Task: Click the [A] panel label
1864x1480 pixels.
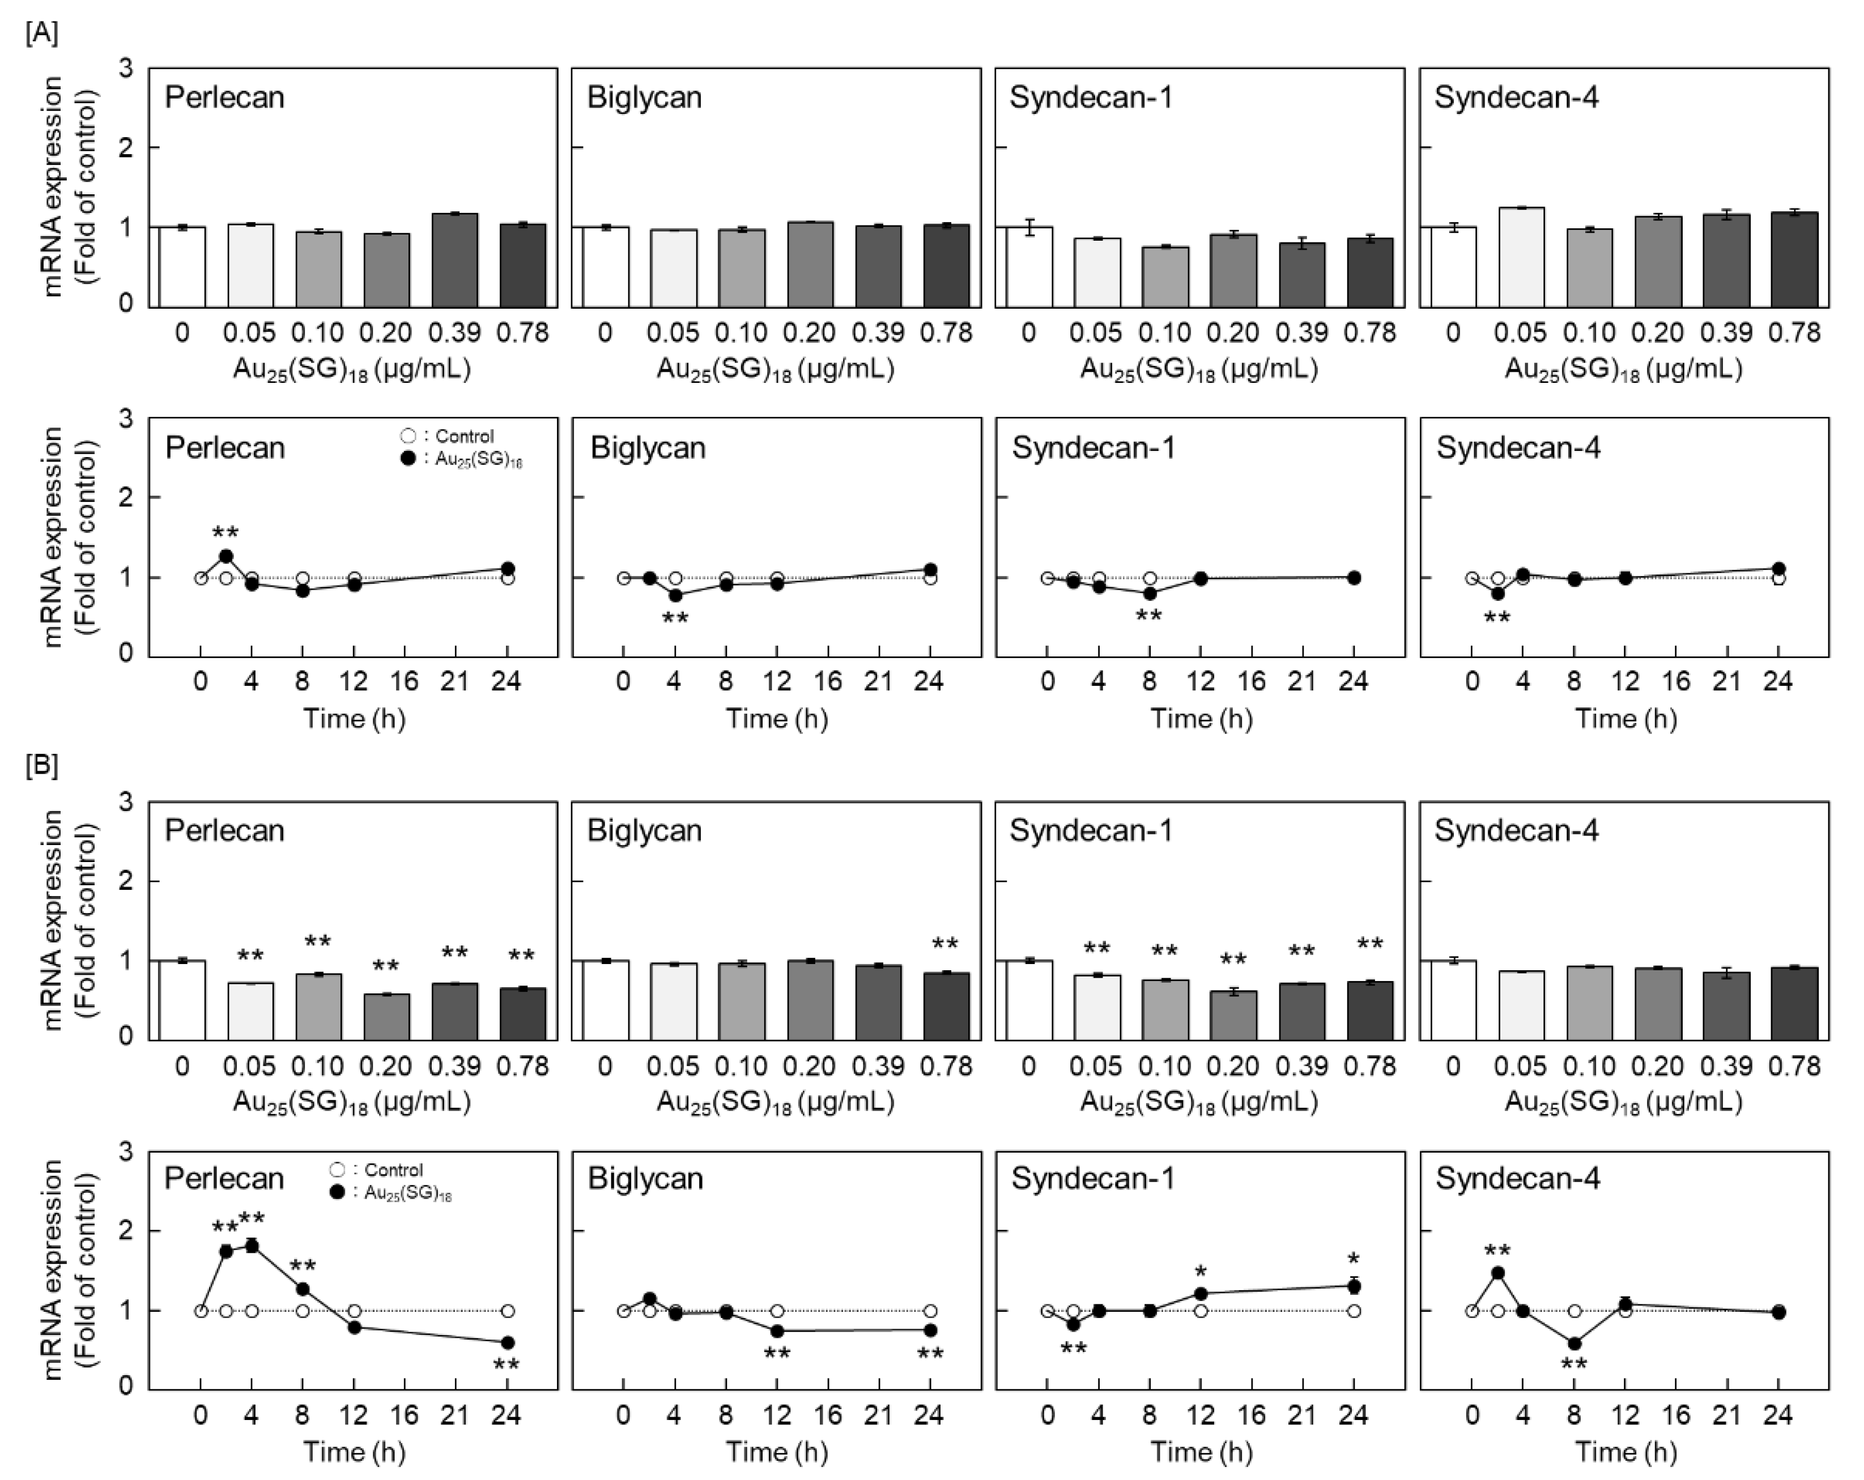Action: [41, 33]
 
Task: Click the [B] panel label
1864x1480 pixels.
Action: [41, 766]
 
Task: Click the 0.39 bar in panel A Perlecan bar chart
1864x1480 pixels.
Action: [455, 259]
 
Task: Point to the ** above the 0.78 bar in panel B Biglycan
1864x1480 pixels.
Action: [945, 944]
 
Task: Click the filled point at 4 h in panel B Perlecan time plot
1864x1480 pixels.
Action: [252, 1246]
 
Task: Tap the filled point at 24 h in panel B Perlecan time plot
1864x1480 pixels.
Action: [508, 1342]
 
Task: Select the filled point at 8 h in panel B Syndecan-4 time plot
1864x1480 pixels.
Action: [1574, 1343]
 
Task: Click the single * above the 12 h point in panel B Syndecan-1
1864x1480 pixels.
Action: [1200, 1272]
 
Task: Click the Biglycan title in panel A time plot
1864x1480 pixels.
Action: [648, 448]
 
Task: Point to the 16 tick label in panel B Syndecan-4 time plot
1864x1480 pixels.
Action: [1676, 1416]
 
